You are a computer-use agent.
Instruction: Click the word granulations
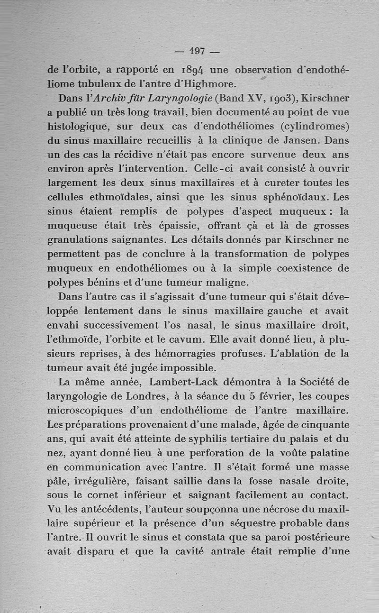(x=79, y=239)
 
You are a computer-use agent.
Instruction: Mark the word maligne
(x=226, y=283)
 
